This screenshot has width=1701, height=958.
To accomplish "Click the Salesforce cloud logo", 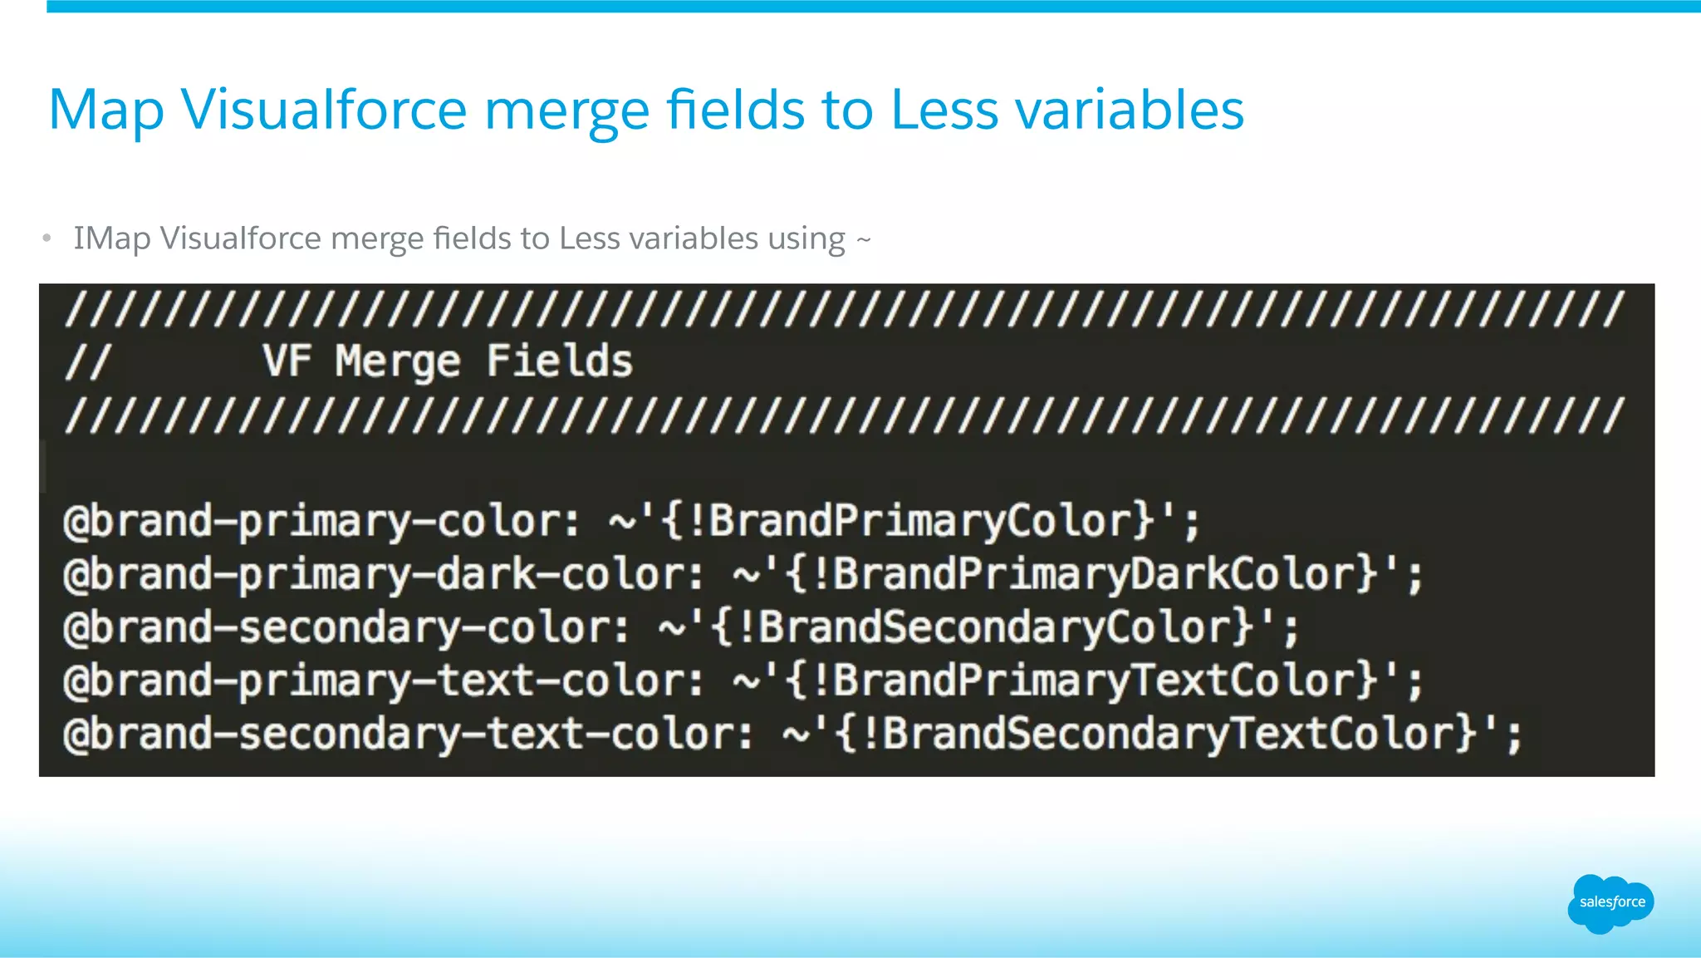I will [1610, 903].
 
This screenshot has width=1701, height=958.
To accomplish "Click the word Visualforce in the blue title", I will [324, 110].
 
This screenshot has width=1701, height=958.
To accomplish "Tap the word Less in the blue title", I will [944, 110].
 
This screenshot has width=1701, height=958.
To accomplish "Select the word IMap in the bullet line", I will [112, 238].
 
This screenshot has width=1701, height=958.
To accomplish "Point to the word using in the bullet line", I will [806, 239].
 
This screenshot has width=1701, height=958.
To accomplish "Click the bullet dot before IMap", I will [47, 239].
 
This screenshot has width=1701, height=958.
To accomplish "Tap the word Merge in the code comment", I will [397, 361].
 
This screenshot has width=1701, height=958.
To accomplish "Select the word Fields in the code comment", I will [559, 361].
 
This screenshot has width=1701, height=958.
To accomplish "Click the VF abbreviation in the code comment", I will [287, 361].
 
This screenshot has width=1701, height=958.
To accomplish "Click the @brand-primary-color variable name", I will [321, 522].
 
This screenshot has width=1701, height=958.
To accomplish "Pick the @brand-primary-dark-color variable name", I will [383, 575].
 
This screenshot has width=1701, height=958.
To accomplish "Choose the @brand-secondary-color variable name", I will [346, 628].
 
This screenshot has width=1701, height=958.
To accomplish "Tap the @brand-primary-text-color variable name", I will [383, 681].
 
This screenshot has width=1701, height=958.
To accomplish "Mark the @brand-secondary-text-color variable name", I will [408, 734].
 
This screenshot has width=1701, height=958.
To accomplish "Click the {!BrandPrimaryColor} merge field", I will [909, 522].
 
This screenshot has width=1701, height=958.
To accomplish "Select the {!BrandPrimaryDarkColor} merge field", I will [1083, 575].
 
